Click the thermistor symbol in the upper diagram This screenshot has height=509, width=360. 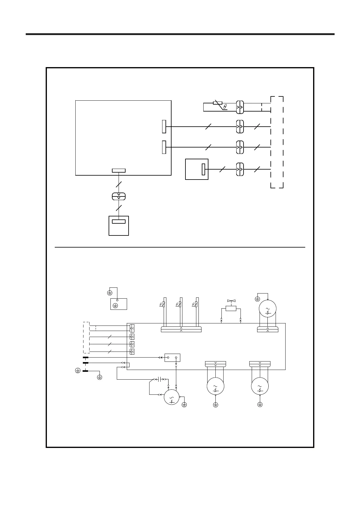[x=218, y=103]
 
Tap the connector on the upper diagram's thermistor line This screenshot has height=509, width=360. [x=240, y=107]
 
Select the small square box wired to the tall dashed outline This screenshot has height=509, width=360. [x=197, y=169]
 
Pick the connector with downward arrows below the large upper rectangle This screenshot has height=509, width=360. [x=119, y=196]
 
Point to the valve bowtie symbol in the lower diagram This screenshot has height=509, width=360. [x=231, y=301]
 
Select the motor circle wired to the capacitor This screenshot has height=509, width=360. [x=172, y=397]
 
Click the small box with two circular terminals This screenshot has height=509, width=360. [x=172, y=358]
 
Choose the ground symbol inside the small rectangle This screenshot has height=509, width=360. [x=115, y=306]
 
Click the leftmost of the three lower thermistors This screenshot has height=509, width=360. [x=164, y=304]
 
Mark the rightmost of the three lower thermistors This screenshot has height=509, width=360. [x=196, y=304]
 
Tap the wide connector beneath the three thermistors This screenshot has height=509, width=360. [x=181, y=329]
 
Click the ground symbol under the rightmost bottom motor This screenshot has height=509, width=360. [x=260, y=404]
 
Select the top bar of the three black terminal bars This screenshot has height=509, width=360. [x=86, y=358]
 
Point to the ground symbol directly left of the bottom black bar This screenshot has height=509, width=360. [x=78, y=371]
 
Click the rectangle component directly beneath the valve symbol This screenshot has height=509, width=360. [x=231, y=308]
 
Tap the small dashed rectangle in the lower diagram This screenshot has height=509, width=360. [x=86, y=338]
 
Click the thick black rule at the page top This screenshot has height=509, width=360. [x=180, y=34]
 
